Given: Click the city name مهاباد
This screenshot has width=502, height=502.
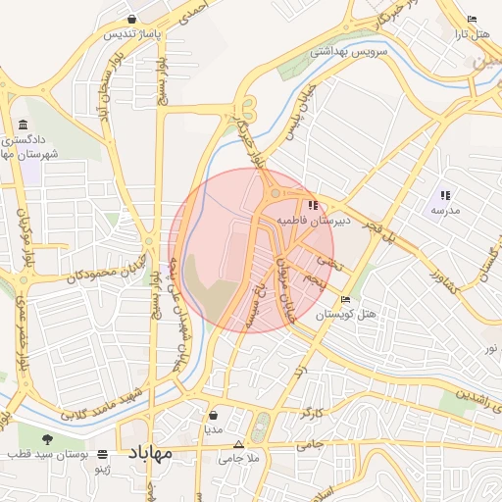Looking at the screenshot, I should click(149, 453).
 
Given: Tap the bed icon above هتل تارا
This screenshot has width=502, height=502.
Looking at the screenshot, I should click(472, 19).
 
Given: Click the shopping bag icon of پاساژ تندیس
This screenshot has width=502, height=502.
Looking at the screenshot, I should click(131, 19).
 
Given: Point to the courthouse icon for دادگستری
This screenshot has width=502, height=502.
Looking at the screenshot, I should click(23, 125).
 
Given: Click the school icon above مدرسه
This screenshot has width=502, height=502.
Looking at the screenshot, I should click(445, 194).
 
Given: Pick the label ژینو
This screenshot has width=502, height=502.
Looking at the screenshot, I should click(103, 472).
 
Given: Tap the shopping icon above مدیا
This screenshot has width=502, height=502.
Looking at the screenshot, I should click(213, 415).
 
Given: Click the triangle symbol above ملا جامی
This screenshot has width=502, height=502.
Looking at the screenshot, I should click(238, 443).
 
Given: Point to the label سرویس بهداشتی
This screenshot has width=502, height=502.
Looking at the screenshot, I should click(349, 51).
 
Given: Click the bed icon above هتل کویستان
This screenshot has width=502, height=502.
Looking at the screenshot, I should click(344, 300).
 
